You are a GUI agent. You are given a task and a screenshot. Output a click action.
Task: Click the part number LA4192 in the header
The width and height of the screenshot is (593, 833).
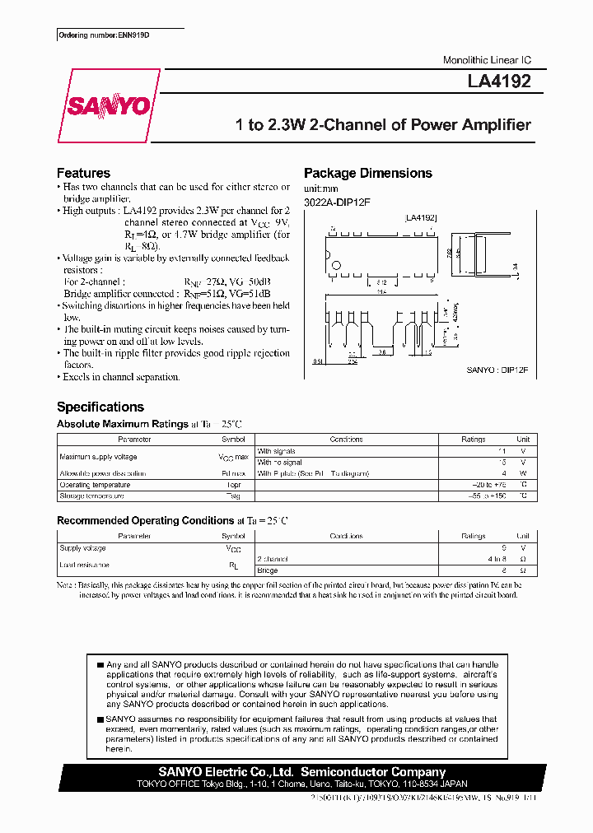(505, 81)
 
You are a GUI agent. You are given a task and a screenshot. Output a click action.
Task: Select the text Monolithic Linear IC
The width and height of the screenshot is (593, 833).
(487, 61)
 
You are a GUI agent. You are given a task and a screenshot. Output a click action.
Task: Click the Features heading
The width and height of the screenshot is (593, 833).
(83, 173)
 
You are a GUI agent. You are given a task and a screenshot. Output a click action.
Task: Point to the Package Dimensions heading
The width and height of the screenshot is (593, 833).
(367, 173)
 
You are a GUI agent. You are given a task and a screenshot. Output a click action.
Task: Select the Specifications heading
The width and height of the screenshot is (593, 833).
(100, 407)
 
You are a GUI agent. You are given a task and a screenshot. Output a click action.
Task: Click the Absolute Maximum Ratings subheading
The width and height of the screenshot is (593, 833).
(122, 424)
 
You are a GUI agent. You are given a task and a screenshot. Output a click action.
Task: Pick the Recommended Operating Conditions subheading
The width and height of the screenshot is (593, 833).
(145, 520)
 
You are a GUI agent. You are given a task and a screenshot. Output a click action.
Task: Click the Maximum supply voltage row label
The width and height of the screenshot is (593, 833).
(98, 456)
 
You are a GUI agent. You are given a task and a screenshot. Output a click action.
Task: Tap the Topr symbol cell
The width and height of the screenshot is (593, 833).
(233, 485)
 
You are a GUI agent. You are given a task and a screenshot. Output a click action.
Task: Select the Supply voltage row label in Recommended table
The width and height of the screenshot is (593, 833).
(82, 547)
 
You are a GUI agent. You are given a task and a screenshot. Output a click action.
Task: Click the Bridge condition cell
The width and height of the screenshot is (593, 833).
(268, 570)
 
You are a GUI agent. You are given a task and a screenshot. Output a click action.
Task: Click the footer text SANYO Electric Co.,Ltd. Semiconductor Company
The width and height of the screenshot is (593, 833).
(302, 772)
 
